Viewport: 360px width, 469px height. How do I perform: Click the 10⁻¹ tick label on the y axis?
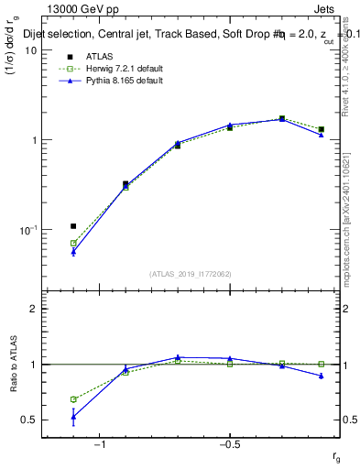26,230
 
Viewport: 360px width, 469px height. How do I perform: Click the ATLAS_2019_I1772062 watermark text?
191,273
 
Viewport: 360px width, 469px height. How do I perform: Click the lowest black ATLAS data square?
73,225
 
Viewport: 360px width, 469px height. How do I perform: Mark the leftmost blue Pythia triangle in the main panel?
73,251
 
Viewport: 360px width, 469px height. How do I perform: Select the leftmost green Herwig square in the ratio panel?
73,399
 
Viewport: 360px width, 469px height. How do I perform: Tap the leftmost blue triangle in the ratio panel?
73,416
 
